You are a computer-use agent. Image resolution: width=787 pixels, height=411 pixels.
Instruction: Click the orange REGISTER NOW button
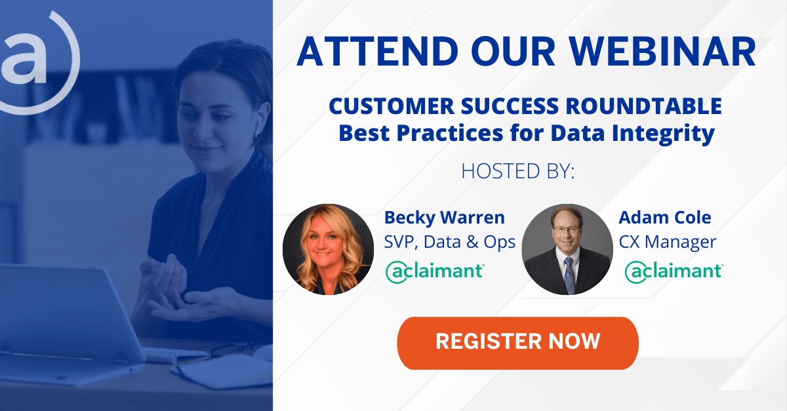click(517, 343)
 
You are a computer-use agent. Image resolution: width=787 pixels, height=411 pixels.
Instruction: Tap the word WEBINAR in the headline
click(662, 51)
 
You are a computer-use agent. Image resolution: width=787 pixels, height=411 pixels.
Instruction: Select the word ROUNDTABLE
click(643, 106)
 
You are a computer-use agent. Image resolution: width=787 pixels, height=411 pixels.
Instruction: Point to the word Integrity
click(663, 134)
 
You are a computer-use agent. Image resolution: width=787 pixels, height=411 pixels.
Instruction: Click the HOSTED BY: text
click(518, 171)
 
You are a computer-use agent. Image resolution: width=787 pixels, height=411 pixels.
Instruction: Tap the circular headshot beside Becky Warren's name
click(328, 249)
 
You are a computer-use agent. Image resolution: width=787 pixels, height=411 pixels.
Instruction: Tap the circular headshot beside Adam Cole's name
click(567, 249)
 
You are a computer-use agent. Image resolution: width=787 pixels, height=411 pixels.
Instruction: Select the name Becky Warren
click(445, 218)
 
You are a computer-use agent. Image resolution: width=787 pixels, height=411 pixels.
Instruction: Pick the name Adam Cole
click(665, 218)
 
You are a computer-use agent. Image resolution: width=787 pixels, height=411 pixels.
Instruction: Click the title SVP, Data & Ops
click(450, 242)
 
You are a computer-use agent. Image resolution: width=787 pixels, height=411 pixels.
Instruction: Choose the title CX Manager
click(668, 242)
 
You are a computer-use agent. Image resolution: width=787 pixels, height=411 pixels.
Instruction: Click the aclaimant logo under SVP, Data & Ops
click(435, 272)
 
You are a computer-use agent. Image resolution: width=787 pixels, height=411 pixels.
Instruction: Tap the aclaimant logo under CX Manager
click(674, 272)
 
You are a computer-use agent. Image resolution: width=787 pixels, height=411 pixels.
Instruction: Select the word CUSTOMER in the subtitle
click(392, 106)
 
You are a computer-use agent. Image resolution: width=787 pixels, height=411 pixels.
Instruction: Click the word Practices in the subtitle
click(451, 133)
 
